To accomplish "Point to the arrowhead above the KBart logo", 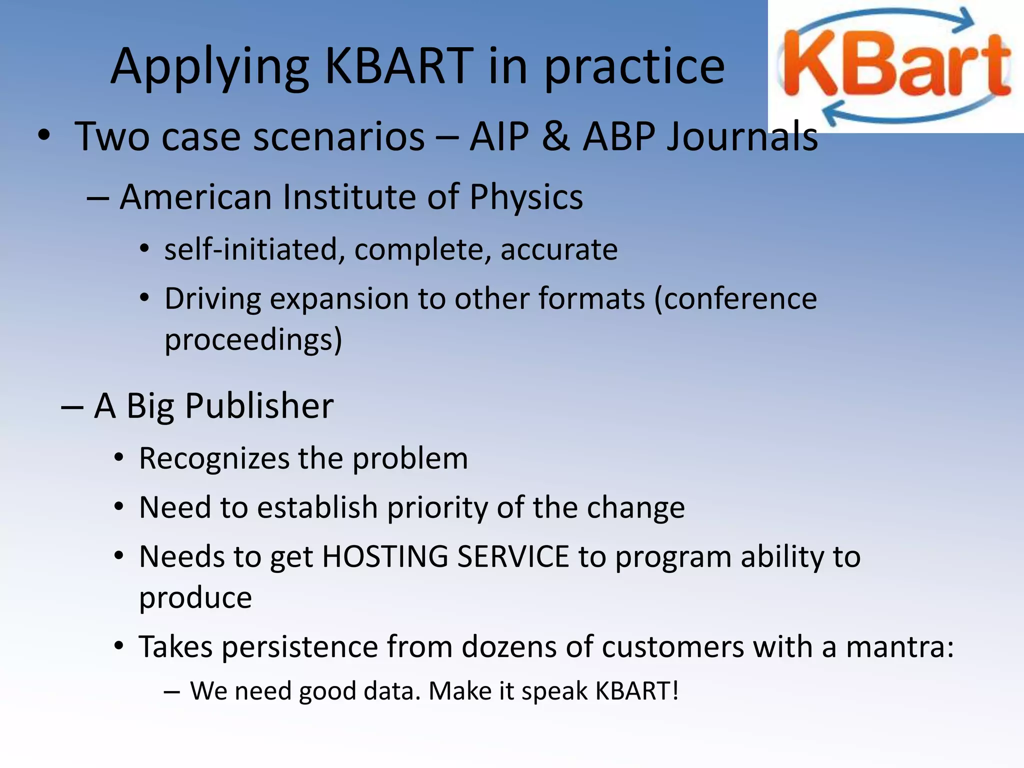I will pos(962,21).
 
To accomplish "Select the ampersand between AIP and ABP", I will pos(555,136).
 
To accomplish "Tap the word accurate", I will pos(559,249).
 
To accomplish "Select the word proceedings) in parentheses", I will pos(253,340).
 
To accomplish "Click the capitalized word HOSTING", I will pos(385,557).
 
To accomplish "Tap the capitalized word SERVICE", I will pos(512,557).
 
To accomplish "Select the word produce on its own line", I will pos(195,598).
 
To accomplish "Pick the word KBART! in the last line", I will pos(636,691).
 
